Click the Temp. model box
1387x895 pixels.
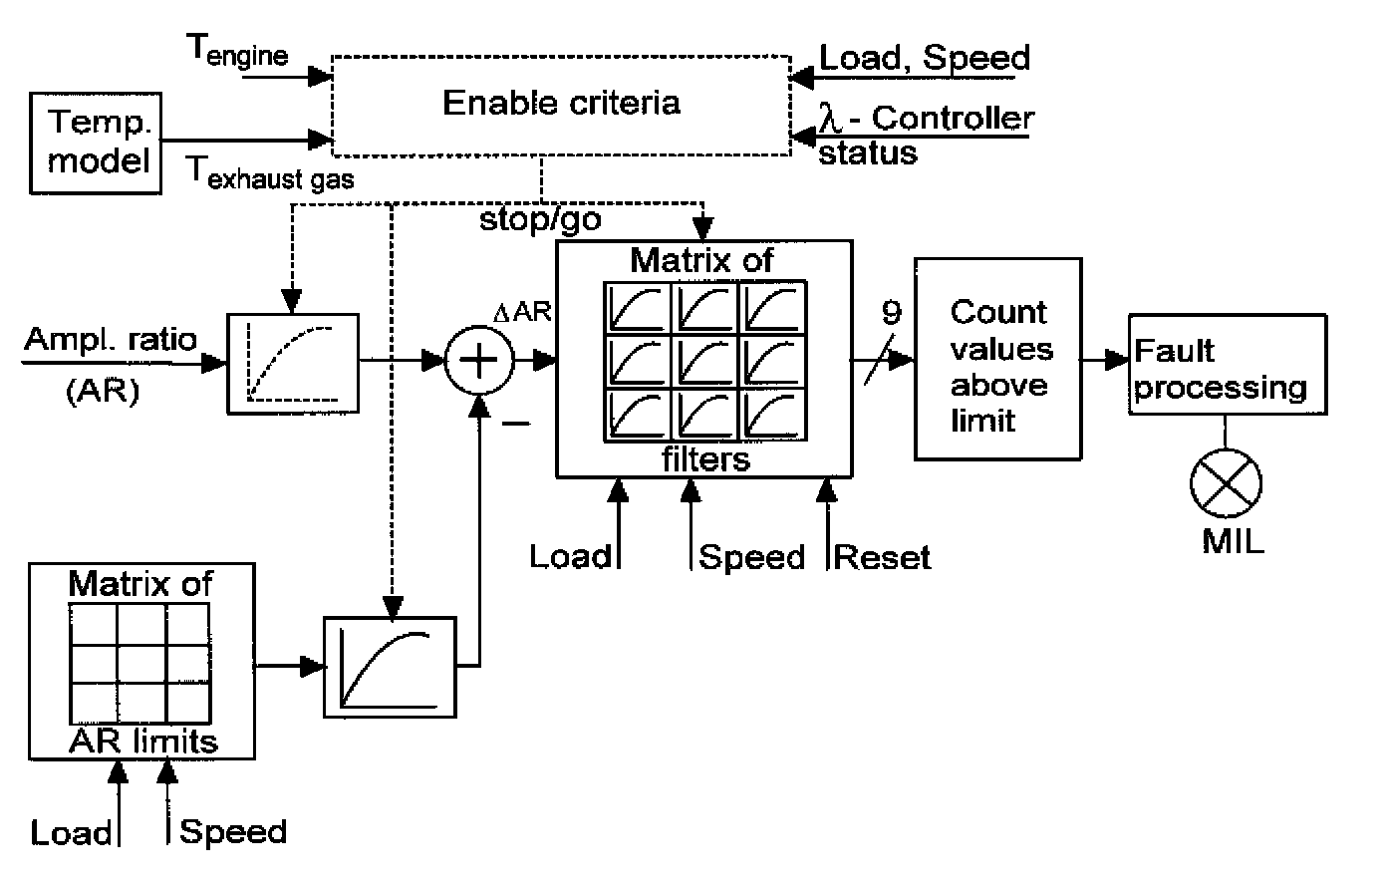tap(96, 143)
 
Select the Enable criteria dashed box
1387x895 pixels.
tap(560, 105)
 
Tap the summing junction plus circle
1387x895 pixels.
tap(479, 361)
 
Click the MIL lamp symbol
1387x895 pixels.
tap(1226, 483)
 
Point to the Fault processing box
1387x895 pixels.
tap(1227, 365)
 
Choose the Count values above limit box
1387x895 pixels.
tap(998, 359)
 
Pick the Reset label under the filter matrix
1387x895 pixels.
tap(882, 556)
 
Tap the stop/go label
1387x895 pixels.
tap(540, 218)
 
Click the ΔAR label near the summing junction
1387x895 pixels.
tap(523, 312)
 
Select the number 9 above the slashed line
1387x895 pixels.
tap(891, 312)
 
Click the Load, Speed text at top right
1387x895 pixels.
tap(924, 57)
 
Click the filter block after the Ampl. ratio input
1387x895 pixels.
tap(293, 362)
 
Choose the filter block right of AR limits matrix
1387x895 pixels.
tap(389, 666)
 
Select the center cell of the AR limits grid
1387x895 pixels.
tap(139, 665)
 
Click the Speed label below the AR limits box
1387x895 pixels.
tap(233, 831)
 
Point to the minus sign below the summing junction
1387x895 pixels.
tap(515, 425)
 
